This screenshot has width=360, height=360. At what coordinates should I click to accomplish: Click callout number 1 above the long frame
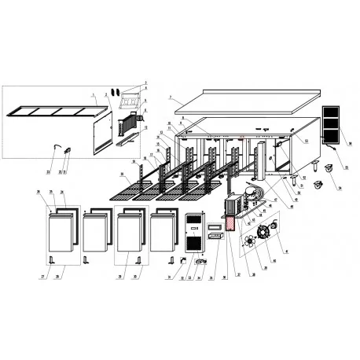(x=94, y=96)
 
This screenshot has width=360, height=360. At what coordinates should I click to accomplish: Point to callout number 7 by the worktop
(x=170, y=97)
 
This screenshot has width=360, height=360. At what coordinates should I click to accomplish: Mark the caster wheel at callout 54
(x=318, y=186)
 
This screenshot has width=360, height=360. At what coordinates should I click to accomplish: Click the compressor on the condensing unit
(x=250, y=194)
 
